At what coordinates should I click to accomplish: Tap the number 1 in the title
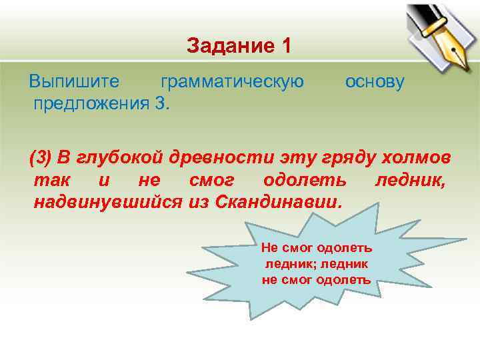click(x=286, y=46)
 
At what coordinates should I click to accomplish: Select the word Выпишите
click(x=74, y=82)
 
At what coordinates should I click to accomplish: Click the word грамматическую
click(x=232, y=82)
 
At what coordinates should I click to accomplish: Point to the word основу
click(x=375, y=82)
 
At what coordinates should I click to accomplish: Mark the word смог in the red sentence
click(x=209, y=180)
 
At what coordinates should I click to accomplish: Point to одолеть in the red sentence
click(x=305, y=180)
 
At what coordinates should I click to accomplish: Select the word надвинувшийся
click(x=107, y=202)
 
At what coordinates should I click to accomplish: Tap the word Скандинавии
click(x=278, y=202)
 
